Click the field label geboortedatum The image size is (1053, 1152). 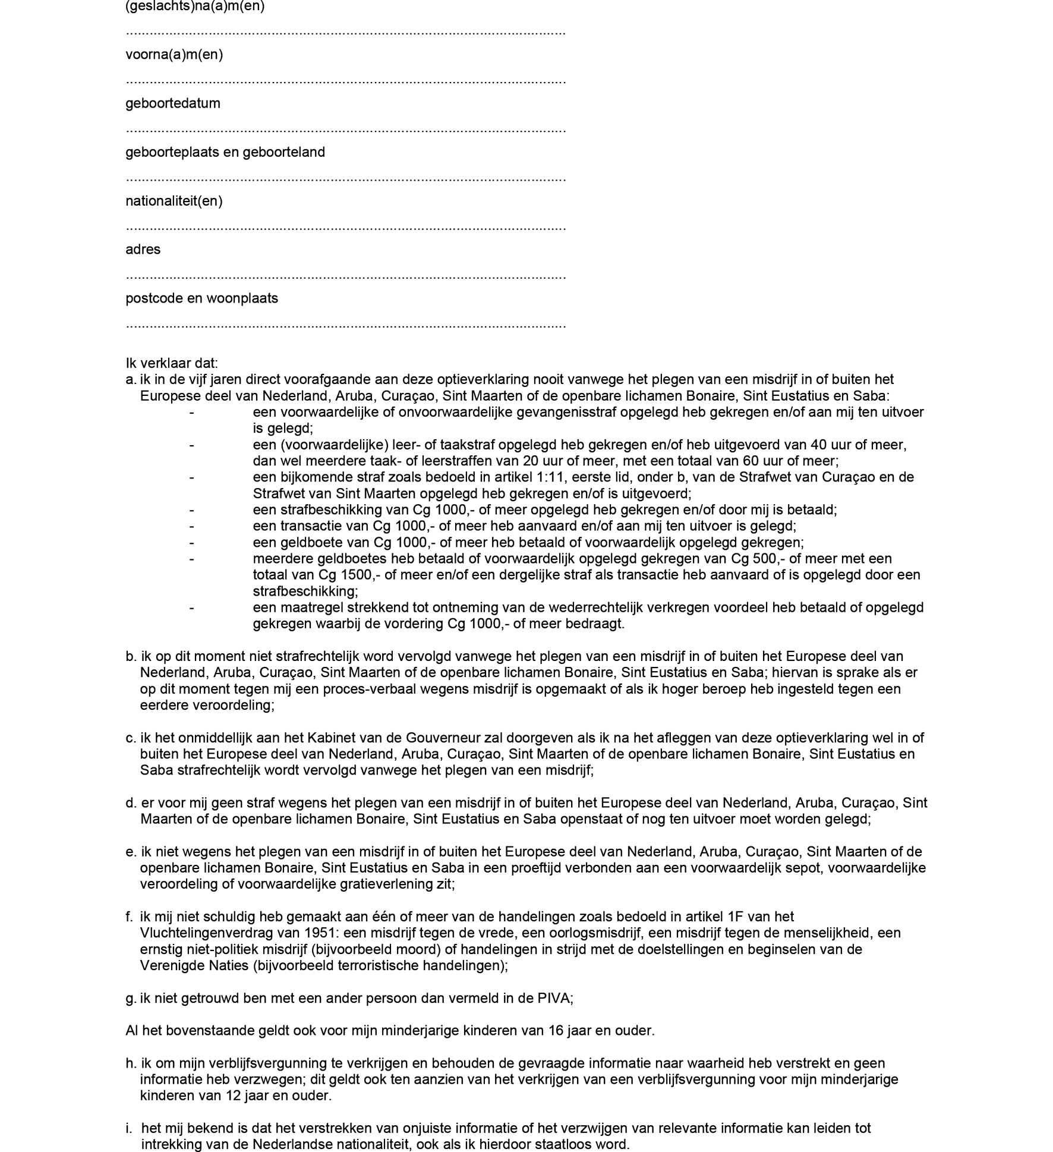pyautogui.click(x=172, y=103)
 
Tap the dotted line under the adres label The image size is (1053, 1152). pyautogui.click(x=345, y=276)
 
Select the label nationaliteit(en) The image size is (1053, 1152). pyautogui.click(x=174, y=201)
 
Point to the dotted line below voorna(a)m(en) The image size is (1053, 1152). pyautogui.click(x=345, y=81)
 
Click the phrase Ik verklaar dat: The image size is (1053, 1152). pyautogui.click(x=171, y=363)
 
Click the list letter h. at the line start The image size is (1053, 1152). pyautogui.click(x=131, y=1063)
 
